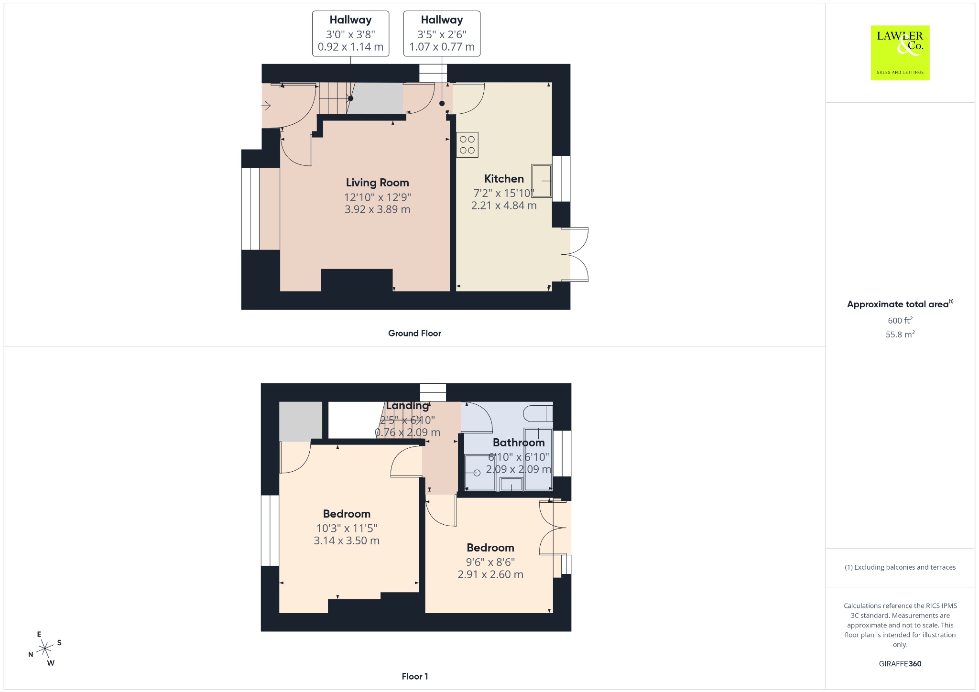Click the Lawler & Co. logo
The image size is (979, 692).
point(900,53)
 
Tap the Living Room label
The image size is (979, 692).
point(377,183)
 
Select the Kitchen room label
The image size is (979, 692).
point(504,179)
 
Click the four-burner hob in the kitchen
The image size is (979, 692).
point(467,145)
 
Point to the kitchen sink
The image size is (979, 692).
point(542,181)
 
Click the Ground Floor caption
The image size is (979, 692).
point(414,333)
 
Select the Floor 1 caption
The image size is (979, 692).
point(415,676)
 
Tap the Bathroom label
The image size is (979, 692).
point(519,443)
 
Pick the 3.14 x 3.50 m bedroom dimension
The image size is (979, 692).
point(347,541)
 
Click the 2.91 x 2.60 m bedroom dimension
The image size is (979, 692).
point(490,574)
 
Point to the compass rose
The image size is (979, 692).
point(45,649)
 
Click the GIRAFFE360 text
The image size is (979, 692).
point(900,663)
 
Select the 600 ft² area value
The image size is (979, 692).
point(900,320)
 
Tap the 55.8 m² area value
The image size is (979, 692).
point(900,334)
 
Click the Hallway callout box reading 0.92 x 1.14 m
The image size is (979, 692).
point(350,33)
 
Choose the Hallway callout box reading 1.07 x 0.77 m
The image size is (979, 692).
point(442,33)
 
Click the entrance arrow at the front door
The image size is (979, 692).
point(266,106)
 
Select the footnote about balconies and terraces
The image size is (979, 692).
point(900,567)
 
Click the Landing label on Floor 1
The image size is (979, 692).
point(407,406)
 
